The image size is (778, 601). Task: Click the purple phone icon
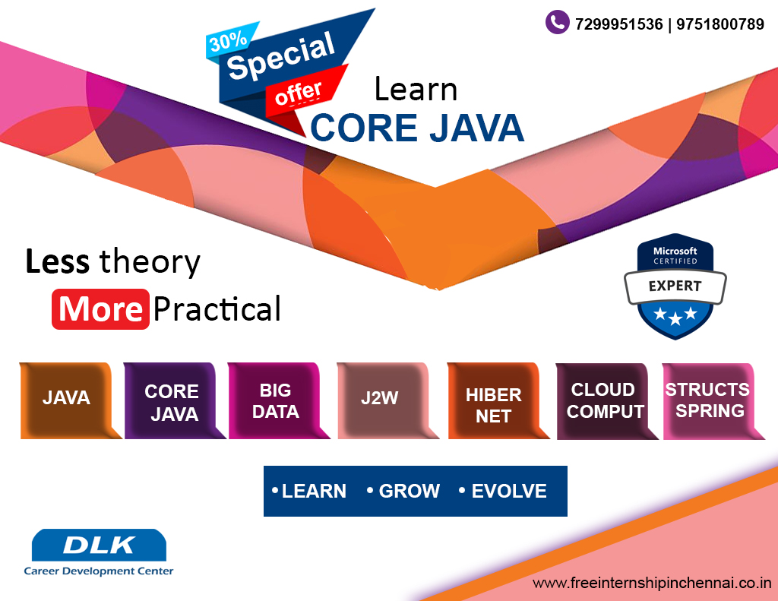557,22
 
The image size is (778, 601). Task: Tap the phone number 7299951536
618,24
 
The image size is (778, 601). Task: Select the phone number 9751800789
719,24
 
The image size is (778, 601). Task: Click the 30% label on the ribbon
228,42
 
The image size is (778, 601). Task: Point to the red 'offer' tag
299,93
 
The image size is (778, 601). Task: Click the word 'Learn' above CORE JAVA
416,90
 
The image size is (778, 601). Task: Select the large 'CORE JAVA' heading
417,128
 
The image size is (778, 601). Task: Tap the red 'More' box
100,309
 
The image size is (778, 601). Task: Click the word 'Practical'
217,309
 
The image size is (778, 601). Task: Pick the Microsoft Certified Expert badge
675,286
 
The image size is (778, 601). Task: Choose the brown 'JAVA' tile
67,398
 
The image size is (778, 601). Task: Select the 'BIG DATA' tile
275,400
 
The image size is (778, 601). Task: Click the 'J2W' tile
380,399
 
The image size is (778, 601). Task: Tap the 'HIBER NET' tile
493,405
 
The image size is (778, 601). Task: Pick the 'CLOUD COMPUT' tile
603,400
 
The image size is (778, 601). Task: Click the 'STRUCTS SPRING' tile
707,400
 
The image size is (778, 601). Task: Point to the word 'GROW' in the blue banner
409,492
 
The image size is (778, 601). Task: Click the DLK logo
99,546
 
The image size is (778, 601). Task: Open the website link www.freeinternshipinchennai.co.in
652,584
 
